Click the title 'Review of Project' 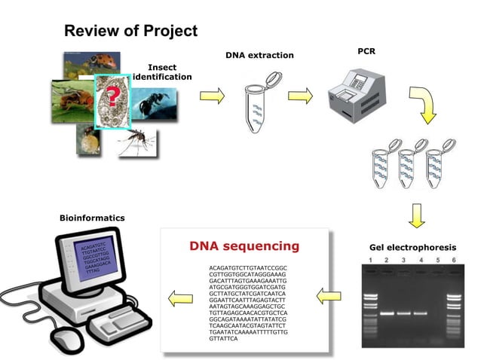[130, 31]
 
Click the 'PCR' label [366, 50]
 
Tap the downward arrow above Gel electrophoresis [416, 216]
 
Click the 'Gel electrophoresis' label [412, 248]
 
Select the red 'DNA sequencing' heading [244, 246]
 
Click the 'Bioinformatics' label [92, 218]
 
